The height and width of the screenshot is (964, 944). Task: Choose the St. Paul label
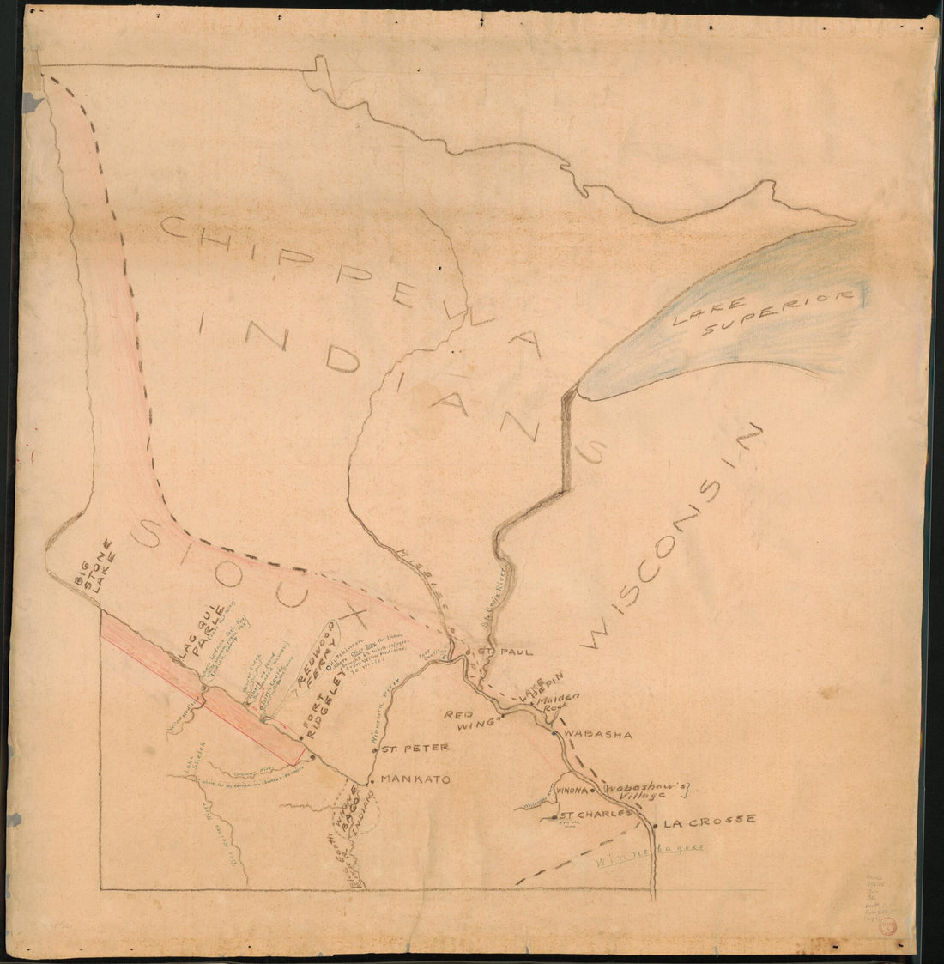496,652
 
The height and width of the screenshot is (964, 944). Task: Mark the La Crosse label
709,820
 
